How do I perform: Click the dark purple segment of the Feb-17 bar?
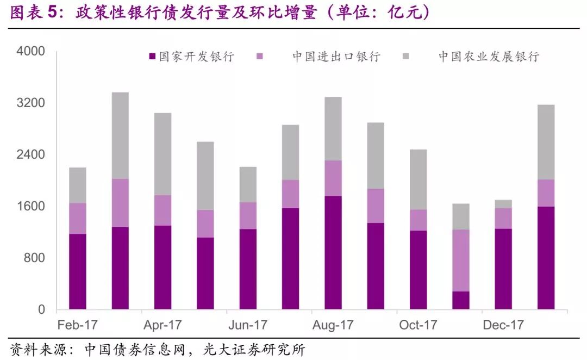(78, 271)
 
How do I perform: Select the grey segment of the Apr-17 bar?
(163, 154)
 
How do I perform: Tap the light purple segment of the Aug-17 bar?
(333, 178)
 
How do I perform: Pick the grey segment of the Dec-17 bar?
(503, 204)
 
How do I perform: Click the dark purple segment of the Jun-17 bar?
(248, 269)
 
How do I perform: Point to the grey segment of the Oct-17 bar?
(418, 179)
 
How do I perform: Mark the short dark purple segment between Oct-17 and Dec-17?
(461, 300)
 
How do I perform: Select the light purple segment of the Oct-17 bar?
(418, 220)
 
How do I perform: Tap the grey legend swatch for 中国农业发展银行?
(406, 57)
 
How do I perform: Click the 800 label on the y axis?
(35, 258)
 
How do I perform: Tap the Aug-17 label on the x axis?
(333, 325)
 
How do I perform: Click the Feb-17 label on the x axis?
(78, 325)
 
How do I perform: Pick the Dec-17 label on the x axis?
(503, 325)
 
